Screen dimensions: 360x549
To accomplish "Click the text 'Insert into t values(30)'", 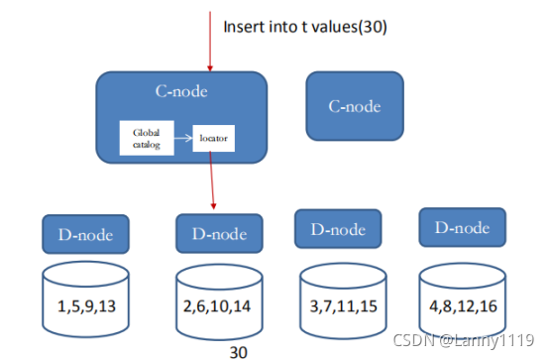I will pos(303,26).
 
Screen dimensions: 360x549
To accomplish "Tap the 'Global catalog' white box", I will pos(146,137).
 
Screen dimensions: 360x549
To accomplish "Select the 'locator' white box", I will pos(213,138).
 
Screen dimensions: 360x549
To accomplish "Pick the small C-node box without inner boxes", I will pos(356,106).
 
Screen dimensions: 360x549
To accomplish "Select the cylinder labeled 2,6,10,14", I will pos(219,294).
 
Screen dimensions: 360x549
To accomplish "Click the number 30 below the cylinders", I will pos(238,351).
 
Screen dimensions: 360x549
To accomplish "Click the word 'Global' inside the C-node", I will pos(146,131).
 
